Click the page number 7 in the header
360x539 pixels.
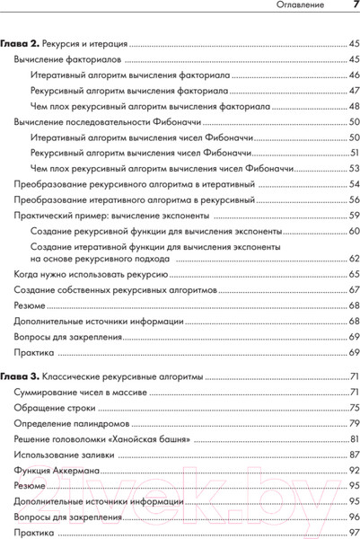[x=344, y=9]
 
